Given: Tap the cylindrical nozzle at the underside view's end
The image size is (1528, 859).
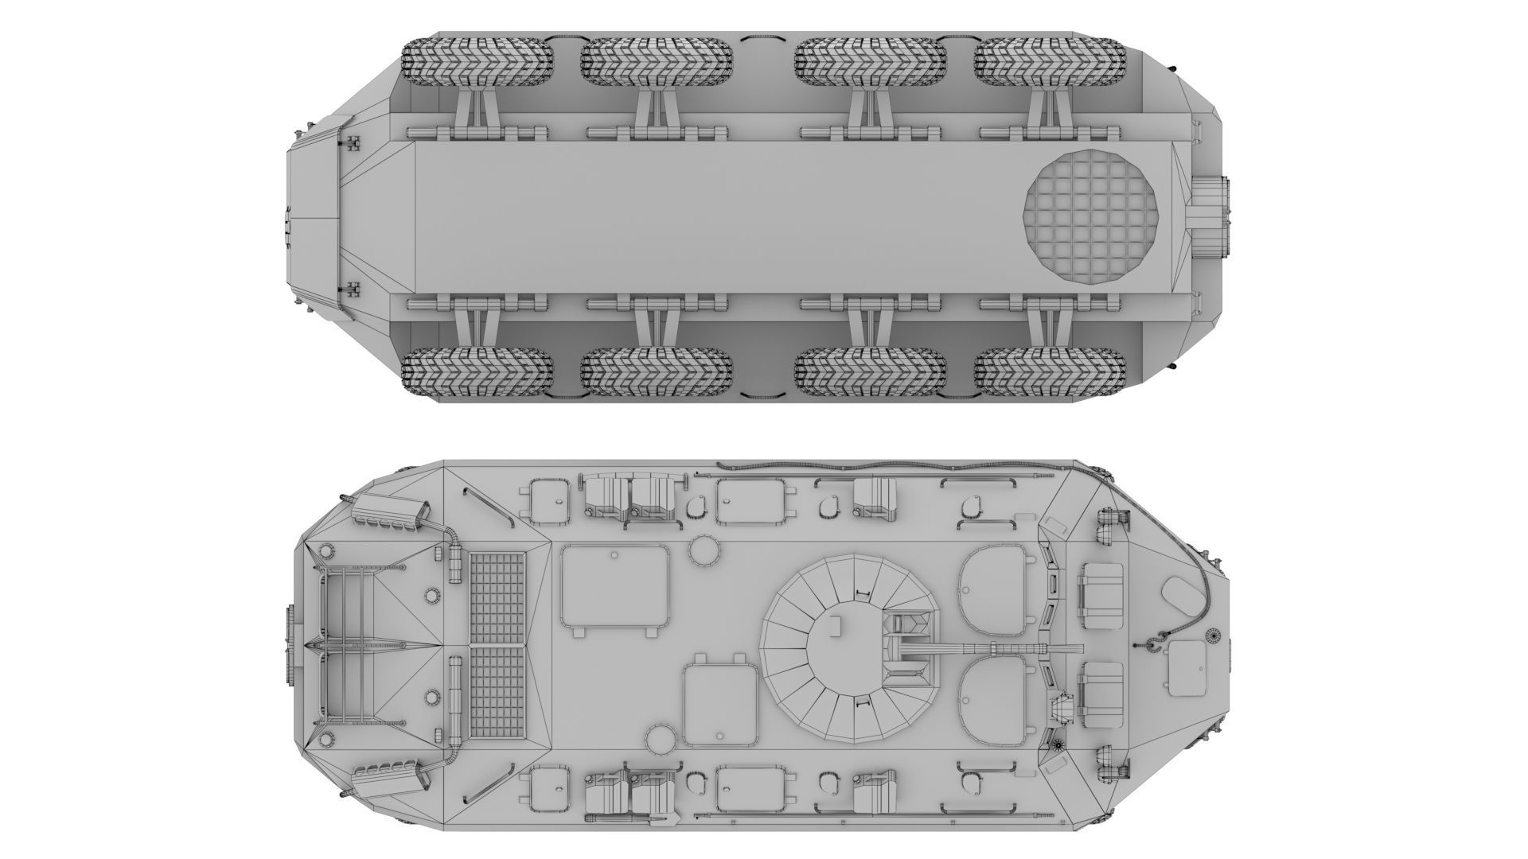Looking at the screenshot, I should point(1210,216).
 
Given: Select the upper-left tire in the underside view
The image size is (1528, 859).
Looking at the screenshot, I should point(477,64).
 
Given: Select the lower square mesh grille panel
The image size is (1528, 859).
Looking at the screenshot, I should point(498,690).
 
